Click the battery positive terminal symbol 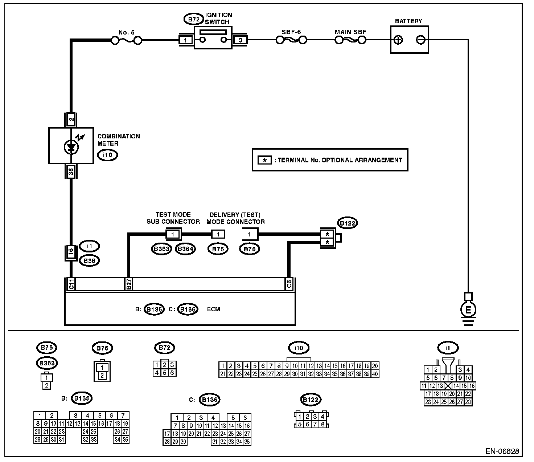(398, 40)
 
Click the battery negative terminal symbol (420, 40)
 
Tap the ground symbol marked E (468, 310)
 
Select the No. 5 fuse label (126, 32)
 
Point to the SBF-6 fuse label (291, 32)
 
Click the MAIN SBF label (350, 32)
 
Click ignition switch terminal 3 (240, 40)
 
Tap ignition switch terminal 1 (186, 40)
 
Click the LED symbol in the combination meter (71, 146)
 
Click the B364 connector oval (185, 249)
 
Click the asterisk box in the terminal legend (264, 160)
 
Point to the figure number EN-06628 (502, 451)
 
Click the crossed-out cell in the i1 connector (448, 386)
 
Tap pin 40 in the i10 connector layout (375, 374)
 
